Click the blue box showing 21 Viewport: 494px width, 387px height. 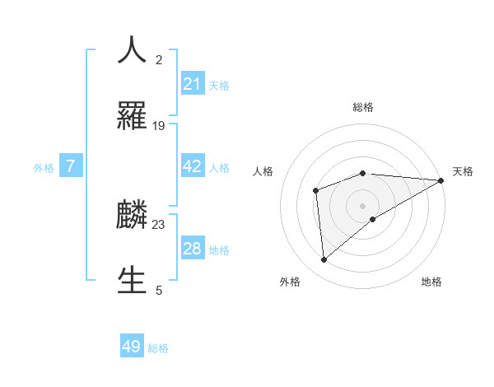[x=192, y=84]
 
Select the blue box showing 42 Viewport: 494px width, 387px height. [x=192, y=166]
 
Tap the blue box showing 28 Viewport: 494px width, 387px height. [x=192, y=249]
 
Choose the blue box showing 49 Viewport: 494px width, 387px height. [x=132, y=347]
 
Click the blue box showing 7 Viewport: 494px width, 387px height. [x=71, y=166]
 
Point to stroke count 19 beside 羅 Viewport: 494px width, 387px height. [x=159, y=126]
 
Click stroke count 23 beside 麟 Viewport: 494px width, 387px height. [x=159, y=224]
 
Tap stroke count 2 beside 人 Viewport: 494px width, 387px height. [x=159, y=60]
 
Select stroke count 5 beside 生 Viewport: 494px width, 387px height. [x=159, y=290]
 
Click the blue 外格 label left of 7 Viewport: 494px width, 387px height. [x=44, y=168]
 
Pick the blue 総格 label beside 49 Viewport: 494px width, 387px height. [x=158, y=348]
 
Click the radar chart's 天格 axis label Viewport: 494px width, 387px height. [x=463, y=171]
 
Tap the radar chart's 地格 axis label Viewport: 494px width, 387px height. [x=431, y=282]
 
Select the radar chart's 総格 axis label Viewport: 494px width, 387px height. [x=363, y=107]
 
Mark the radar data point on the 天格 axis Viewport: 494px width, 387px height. [x=441, y=180]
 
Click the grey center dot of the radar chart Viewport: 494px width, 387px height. [x=363, y=205]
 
